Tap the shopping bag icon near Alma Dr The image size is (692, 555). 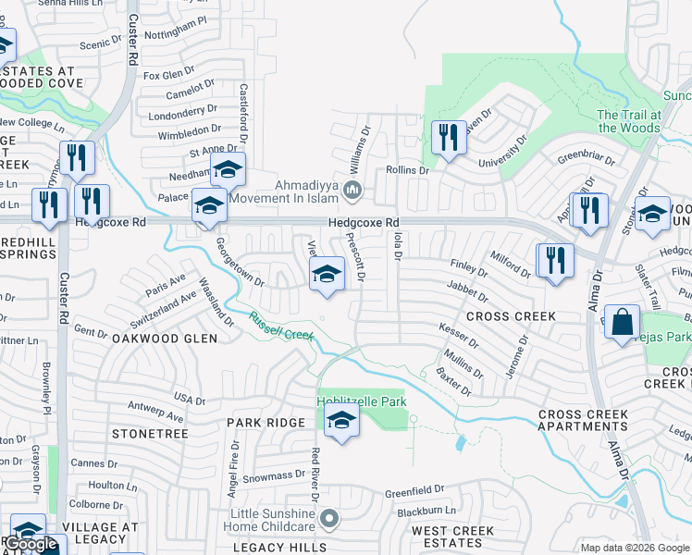624,323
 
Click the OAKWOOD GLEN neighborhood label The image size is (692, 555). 165,339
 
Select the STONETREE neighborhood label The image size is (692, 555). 150,433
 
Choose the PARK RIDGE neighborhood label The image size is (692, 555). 266,423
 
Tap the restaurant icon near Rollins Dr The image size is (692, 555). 449,138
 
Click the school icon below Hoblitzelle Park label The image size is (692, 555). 341,422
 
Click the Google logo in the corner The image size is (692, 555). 31,545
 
